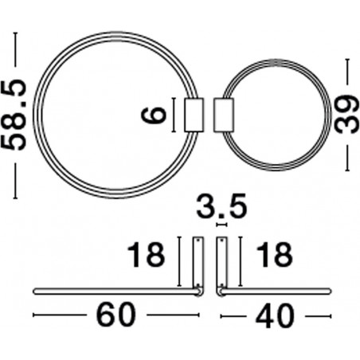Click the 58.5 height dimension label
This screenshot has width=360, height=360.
(x=14, y=115)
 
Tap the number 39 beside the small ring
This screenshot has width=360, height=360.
(x=346, y=115)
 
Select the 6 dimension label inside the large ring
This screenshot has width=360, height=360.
(x=154, y=115)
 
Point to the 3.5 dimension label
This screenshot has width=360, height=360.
(x=221, y=206)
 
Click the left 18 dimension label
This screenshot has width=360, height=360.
(x=146, y=255)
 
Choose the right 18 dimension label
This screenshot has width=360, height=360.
(x=274, y=255)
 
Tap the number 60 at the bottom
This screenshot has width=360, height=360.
(x=116, y=315)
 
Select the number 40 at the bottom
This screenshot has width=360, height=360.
(x=275, y=315)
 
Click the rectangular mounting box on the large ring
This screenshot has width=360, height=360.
(x=194, y=115)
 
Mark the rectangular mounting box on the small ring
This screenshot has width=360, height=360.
(x=224, y=115)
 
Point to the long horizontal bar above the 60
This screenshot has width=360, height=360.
(x=117, y=292)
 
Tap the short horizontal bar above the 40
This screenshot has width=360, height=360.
(x=275, y=292)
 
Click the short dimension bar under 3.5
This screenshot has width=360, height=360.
(x=222, y=225)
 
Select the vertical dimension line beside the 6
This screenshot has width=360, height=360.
(x=174, y=115)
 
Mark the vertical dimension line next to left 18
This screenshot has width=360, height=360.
(x=179, y=261)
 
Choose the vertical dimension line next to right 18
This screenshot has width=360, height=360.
(x=241, y=261)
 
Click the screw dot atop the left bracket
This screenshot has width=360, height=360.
(x=198, y=241)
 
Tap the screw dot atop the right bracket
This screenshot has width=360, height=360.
(x=221, y=241)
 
